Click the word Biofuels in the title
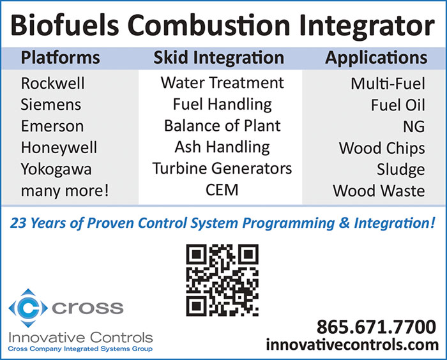click(64, 25)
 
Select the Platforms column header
click(61, 57)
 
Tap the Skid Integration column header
click(219, 58)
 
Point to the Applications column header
click(376, 58)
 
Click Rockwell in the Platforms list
click(53, 83)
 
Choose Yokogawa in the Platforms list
click(56, 169)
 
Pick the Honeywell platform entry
click(59, 148)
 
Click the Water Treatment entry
click(222, 83)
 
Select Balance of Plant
click(222, 126)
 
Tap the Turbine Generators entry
click(222, 168)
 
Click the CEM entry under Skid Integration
click(222, 190)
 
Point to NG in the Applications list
click(414, 126)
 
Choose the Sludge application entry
click(401, 170)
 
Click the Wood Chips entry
click(382, 149)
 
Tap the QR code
click(222, 280)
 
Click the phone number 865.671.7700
click(376, 327)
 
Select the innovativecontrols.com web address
click(352, 345)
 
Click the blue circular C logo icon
click(28, 308)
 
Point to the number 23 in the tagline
click(18, 223)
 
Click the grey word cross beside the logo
click(87, 308)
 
